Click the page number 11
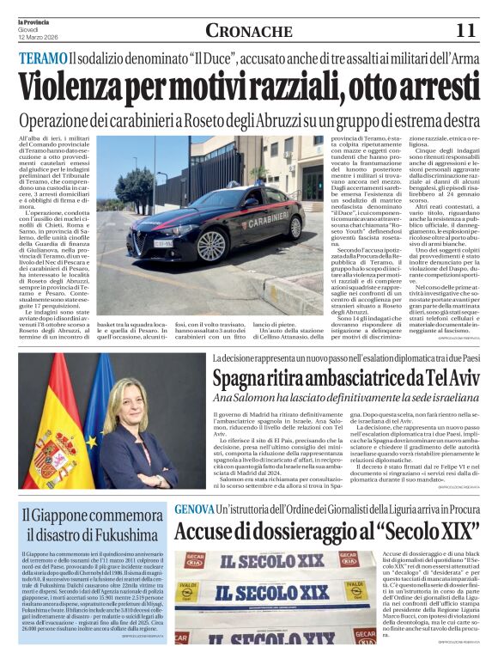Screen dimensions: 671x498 465,30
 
